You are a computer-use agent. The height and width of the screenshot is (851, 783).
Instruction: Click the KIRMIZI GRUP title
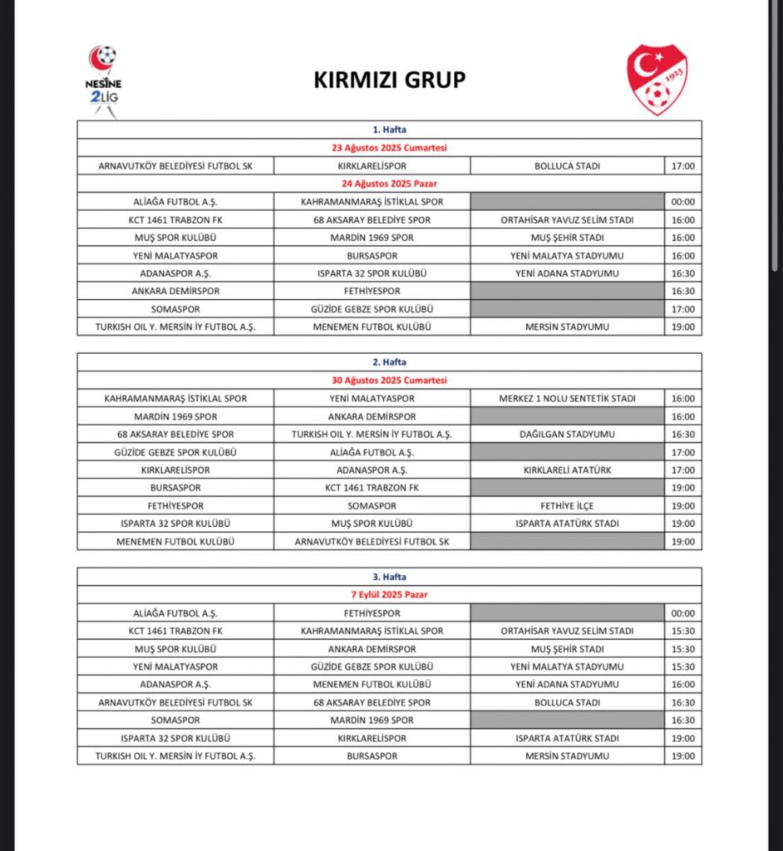389,80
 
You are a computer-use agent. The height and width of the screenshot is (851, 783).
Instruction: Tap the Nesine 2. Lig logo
103,81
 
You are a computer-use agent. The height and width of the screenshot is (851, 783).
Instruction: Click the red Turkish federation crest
657,80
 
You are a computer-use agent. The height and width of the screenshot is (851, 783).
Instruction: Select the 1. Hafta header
389,130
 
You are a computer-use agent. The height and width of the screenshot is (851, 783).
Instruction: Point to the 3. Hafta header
389,577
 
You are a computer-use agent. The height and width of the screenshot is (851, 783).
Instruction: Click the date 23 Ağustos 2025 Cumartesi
389,148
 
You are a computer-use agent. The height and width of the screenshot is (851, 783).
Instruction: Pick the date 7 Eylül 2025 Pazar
389,595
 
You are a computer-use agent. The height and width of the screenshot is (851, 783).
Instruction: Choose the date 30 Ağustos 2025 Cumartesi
389,380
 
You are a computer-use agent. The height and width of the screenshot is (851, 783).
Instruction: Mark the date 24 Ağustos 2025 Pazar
389,184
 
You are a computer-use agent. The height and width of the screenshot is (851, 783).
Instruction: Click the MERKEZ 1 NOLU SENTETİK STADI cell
567,398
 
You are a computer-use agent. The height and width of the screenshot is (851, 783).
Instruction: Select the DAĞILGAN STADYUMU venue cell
567,434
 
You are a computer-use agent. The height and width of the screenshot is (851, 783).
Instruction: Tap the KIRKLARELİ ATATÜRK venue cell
567,470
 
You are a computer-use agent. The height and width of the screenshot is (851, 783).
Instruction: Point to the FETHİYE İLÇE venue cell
567,505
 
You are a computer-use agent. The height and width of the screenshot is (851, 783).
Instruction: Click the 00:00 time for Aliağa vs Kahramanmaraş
682,201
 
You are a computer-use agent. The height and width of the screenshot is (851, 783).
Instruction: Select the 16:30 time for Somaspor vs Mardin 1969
682,721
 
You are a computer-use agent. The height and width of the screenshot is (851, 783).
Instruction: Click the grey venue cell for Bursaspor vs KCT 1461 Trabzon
567,488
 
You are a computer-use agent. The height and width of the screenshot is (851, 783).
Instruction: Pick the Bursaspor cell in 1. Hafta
372,255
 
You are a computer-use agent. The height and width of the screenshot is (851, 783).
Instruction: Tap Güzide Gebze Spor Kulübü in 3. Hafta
372,667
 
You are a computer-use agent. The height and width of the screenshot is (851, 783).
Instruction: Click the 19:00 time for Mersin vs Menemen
682,327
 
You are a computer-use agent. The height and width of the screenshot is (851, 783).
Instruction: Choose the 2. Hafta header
389,362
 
